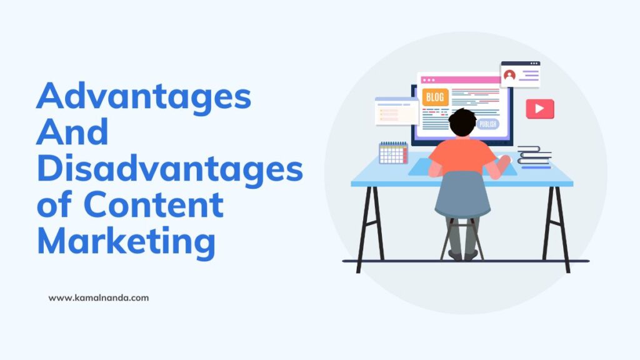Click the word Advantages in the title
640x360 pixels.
[144, 99]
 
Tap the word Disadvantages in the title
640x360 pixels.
[169, 169]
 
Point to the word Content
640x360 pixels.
[154, 204]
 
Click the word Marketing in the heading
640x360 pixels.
[126, 241]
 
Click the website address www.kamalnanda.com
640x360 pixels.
[99, 298]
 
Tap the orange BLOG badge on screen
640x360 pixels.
[436, 97]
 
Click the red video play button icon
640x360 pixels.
[539, 109]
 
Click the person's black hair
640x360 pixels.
[462, 122]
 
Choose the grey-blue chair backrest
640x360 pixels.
[462, 194]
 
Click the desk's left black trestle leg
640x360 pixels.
[369, 228]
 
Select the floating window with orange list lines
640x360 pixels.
[396, 112]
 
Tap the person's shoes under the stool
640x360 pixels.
[462, 256]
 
